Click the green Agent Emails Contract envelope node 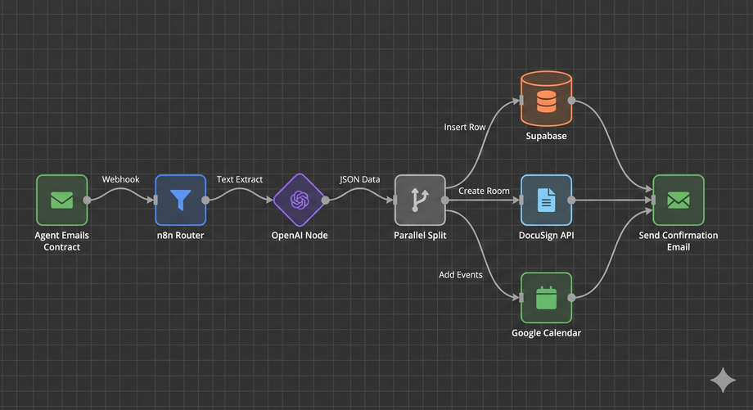coord(62,200)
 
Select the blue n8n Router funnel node coord(180,200)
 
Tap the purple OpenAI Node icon coord(300,200)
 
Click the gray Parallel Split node coord(420,200)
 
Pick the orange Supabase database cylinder coord(546,101)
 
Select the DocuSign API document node coord(546,200)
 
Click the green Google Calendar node coord(546,298)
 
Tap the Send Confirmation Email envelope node coord(678,200)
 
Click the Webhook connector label coord(120,179)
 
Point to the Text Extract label coord(240,179)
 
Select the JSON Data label coord(360,179)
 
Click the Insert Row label coord(465,128)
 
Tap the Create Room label coord(484,191)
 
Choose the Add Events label coord(461,275)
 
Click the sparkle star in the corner coord(723,380)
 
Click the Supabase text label coord(546,136)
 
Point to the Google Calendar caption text coord(546,333)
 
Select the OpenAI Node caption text coord(300,236)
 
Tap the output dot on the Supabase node coord(572,101)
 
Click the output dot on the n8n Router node coord(205,200)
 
